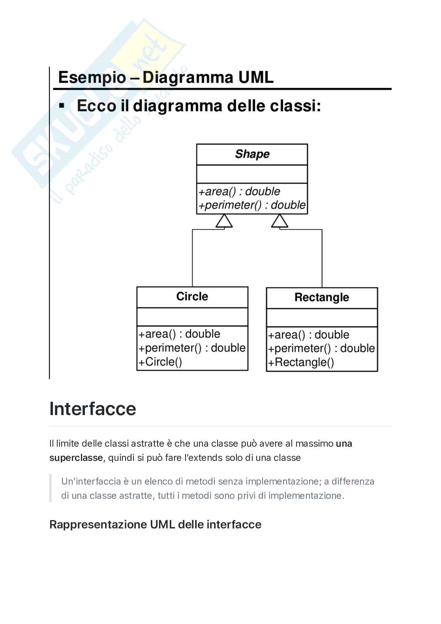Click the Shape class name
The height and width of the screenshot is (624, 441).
(252, 154)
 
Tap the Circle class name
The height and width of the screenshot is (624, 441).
(192, 297)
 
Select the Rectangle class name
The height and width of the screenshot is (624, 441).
(322, 297)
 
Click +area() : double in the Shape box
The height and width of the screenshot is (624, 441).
(239, 192)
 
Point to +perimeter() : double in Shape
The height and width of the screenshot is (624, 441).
(252, 205)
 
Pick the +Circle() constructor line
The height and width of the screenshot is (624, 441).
(160, 362)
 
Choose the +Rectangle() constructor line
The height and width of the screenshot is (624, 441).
(301, 363)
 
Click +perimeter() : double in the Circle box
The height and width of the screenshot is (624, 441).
(192, 348)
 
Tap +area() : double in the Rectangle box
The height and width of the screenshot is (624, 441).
(309, 335)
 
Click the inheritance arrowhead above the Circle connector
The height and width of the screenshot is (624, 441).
(224, 221)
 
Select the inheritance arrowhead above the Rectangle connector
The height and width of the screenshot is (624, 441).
(280, 221)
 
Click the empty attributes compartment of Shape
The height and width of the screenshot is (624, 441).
(252, 174)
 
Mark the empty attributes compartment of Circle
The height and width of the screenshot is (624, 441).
(192, 317)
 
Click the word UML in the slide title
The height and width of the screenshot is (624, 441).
(255, 77)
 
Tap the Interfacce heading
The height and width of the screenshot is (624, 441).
(93, 409)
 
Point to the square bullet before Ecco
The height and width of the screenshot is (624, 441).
(61, 106)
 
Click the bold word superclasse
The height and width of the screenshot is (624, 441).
(76, 458)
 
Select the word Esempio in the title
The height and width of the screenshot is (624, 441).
(92, 77)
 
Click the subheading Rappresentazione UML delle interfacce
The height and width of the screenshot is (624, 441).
(155, 524)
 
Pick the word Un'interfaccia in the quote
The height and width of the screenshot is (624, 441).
(91, 481)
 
